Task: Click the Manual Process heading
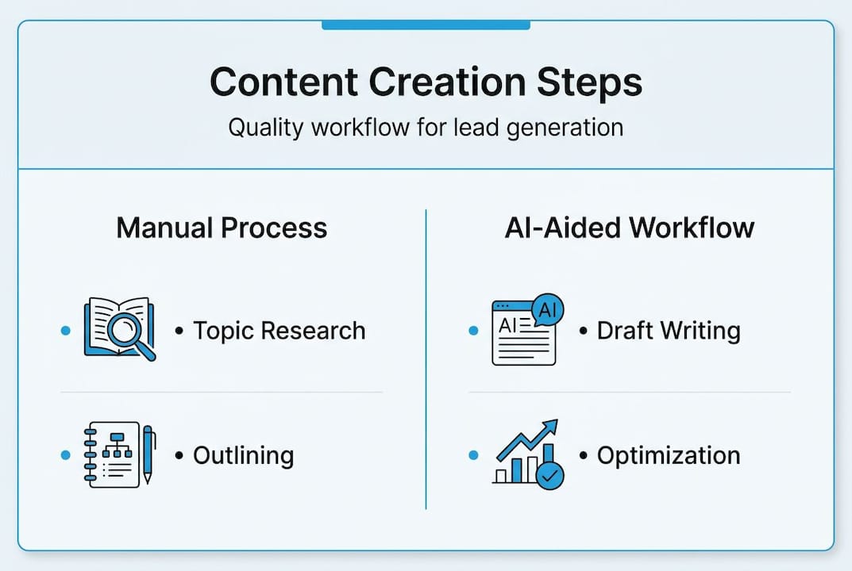(x=222, y=228)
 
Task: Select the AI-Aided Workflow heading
(x=629, y=228)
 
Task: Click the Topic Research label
(x=279, y=331)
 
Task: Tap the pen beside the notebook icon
(x=148, y=454)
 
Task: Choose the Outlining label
(x=243, y=456)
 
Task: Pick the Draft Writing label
(x=668, y=331)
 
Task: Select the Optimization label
(x=668, y=456)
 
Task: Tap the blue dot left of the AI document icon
(x=474, y=331)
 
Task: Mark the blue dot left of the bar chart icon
(x=474, y=455)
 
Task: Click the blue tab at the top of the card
(x=426, y=25)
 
